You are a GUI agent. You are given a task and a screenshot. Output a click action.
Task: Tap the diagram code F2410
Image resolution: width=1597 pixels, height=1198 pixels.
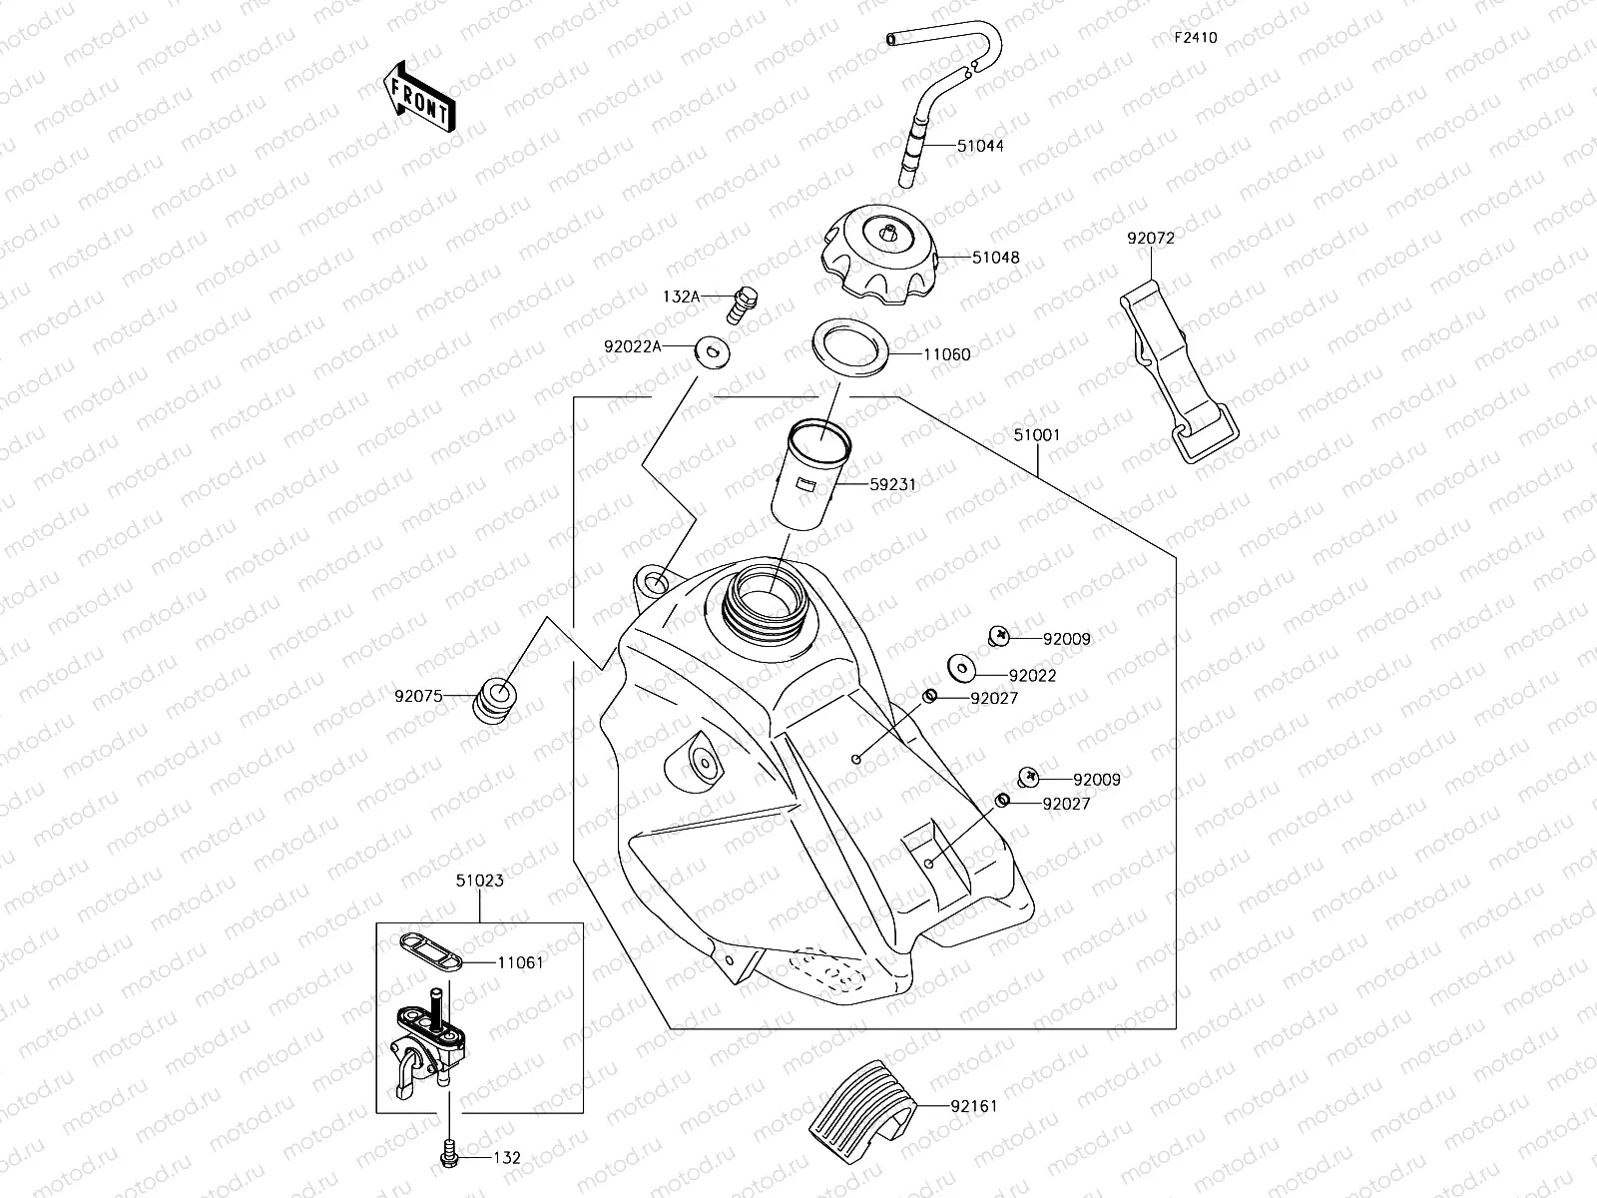[x=1195, y=38]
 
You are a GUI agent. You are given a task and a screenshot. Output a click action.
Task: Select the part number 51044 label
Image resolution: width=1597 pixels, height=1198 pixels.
[x=979, y=146]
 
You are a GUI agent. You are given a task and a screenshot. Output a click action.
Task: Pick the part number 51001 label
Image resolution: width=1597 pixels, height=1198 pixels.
[x=1036, y=436]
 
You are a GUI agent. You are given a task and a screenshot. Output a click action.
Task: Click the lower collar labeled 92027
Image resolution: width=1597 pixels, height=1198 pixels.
[x=1003, y=801]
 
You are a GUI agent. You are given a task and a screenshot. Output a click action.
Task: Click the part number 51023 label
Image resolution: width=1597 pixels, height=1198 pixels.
[x=479, y=881]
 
